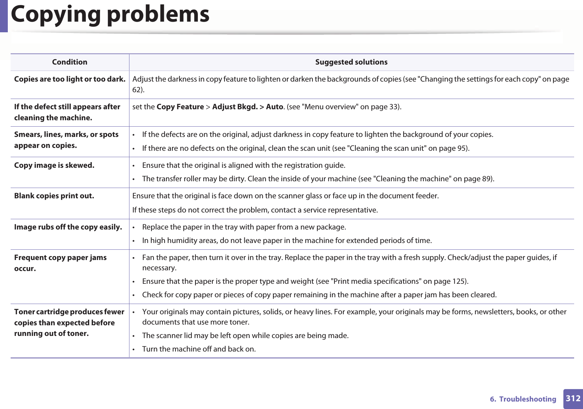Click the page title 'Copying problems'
click(x=110, y=15)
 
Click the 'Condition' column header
click(x=70, y=62)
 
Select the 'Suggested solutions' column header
click(x=351, y=62)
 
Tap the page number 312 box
click(x=573, y=398)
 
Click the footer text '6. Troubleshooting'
click(x=523, y=399)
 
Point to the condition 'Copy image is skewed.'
click(x=54, y=165)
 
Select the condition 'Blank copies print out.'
click(x=54, y=196)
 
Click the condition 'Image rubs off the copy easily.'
click(x=68, y=227)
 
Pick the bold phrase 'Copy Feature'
click(x=180, y=107)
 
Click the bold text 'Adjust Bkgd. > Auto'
click(x=247, y=107)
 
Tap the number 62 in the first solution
click(x=137, y=90)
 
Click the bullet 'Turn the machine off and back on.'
click(x=199, y=349)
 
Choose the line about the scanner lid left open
click(x=245, y=336)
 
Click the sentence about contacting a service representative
click(x=255, y=210)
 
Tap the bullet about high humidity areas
click(x=287, y=241)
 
